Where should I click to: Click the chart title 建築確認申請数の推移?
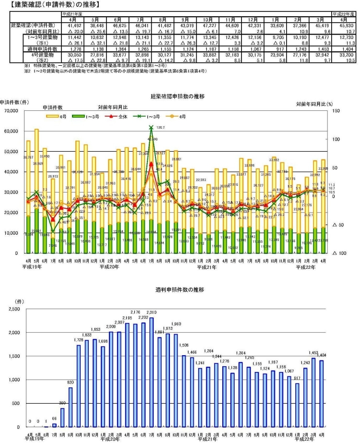click(178, 96)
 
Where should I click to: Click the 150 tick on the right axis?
click(335, 111)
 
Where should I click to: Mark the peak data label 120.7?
click(160, 128)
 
